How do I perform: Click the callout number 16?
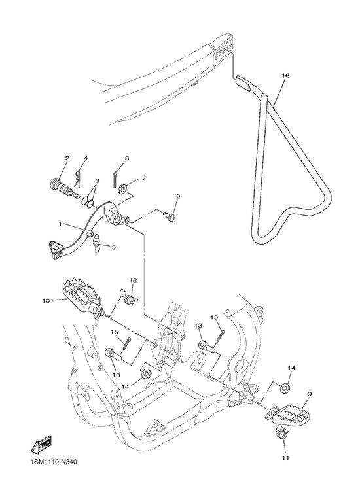coord(285,76)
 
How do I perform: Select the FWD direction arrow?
coord(41,445)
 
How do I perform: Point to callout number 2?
coord(67,158)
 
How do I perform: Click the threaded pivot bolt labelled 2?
coord(65,188)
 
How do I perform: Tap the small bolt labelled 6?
coord(170,217)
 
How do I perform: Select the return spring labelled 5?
coord(97,243)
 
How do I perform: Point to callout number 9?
coord(309,394)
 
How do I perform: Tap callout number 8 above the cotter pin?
coord(127,158)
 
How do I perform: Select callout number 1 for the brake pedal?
coord(60,224)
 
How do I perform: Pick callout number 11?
coord(286,457)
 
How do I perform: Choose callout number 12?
coord(133,280)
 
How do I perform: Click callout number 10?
coord(46,300)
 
